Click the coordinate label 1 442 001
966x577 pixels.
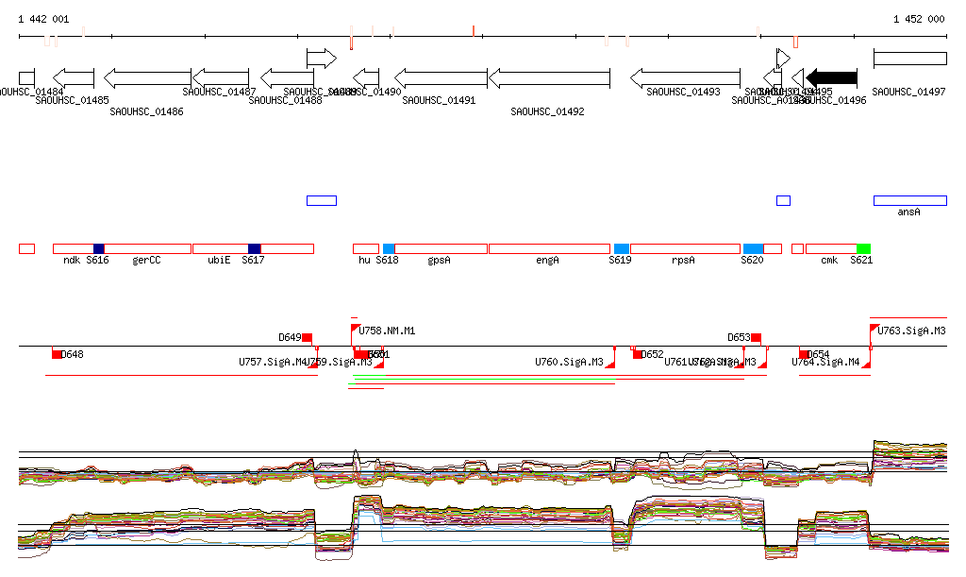pyautogui.click(x=43, y=19)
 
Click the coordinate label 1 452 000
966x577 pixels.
pyautogui.click(x=918, y=19)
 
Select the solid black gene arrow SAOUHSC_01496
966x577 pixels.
pyautogui.click(x=831, y=77)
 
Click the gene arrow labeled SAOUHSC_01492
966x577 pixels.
pyautogui.click(x=549, y=77)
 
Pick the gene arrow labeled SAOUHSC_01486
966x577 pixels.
pyautogui.click(x=147, y=77)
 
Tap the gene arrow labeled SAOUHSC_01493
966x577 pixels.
pyautogui.click(x=685, y=77)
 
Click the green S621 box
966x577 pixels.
pyautogui.click(x=863, y=248)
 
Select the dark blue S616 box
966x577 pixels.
pyautogui.click(x=99, y=248)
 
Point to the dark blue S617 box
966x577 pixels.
pyautogui.click(x=254, y=248)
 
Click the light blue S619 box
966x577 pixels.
pyautogui.click(x=621, y=248)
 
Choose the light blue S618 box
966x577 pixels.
pyautogui.click(x=389, y=248)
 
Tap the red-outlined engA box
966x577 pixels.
pyautogui.click(x=549, y=248)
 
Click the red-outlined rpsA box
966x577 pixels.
pyautogui.click(x=685, y=248)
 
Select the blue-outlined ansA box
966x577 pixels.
pyautogui.click(x=909, y=200)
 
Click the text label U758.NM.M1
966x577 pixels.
pyautogui.click(x=387, y=331)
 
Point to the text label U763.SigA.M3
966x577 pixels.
pyautogui.click(x=911, y=331)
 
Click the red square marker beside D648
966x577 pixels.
pyautogui.click(x=57, y=354)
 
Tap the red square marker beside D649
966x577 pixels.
pyautogui.click(x=307, y=337)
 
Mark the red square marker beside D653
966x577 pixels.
pyautogui.click(x=756, y=337)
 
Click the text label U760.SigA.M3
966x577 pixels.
pyautogui.click(x=569, y=362)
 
